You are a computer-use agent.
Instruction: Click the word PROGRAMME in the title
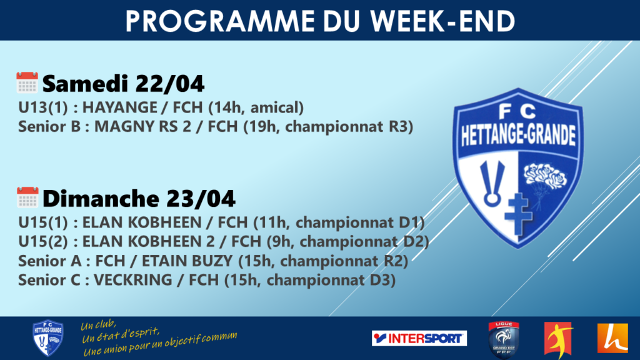pyautogui.click(x=220, y=21)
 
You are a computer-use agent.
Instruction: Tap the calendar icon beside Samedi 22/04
pyautogui.click(x=27, y=82)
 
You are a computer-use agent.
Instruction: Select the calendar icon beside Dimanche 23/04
pyautogui.click(x=27, y=197)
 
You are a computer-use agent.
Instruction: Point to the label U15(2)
pyautogui.click(x=43, y=242)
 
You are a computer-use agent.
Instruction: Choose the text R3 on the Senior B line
pyautogui.click(x=398, y=126)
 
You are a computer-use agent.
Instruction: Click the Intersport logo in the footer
pyautogui.click(x=419, y=338)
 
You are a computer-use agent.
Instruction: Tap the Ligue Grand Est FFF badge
pyautogui.click(x=503, y=339)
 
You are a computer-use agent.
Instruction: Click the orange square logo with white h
pyautogui.click(x=612, y=337)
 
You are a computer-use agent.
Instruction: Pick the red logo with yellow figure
pyautogui.click(x=558, y=339)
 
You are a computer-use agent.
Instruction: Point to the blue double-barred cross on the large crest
pyautogui.click(x=518, y=214)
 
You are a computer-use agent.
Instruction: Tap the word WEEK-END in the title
pyautogui.click(x=442, y=21)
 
